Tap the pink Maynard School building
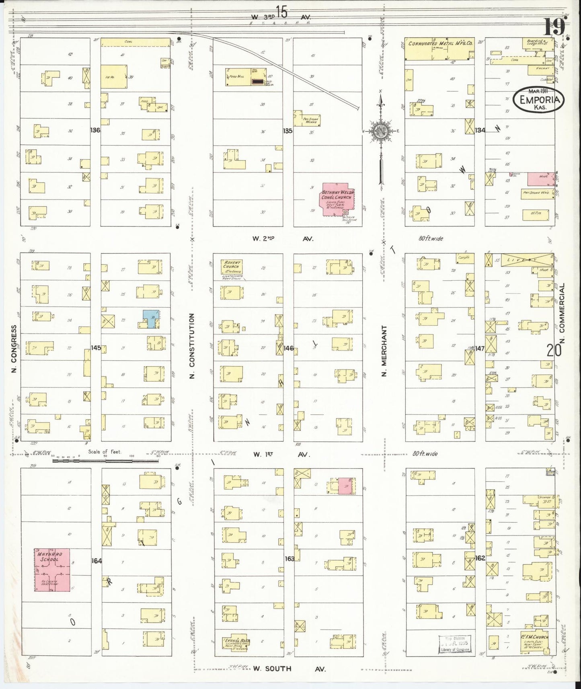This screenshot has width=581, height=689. [x=51, y=570]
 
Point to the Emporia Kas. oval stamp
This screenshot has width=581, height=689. [x=538, y=98]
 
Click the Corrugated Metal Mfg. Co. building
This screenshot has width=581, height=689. [x=439, y=49]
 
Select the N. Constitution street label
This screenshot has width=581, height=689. [x=192, y=346]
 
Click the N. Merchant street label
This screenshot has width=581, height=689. [x=384, y=351]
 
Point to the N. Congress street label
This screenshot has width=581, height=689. [x=14, y=349]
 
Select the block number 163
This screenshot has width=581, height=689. [x=289, y=558]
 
